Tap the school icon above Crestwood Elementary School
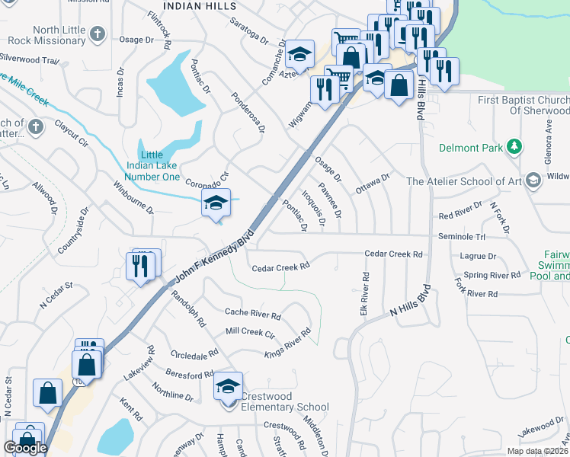coord(229,387)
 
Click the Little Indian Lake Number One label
coord(160,165)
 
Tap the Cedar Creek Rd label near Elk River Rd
coord(393,254)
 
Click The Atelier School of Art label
coord(463,181)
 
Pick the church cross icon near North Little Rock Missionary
coord(97,34)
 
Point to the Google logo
coord(25,447)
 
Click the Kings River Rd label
coord(288,344)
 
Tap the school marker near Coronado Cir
coord(216,203)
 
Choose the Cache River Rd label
coord(253,312)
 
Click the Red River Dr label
coord(461,211)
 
